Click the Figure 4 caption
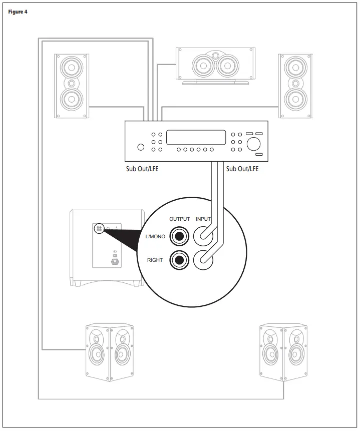tap(18, 12)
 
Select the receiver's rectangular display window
tap(196, 138)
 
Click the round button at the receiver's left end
tap(141, 147)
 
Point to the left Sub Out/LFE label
tap(142, 169)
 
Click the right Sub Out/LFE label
tap(242, 169)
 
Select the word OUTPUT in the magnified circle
tap(180, 219)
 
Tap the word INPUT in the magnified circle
tap(204, 219)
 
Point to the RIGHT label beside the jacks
tap(155, 260)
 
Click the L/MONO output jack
tap(179, 235)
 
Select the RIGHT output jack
tap(179, 259)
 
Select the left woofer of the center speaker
tap(202, 65)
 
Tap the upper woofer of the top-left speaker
tap(72, 67)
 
